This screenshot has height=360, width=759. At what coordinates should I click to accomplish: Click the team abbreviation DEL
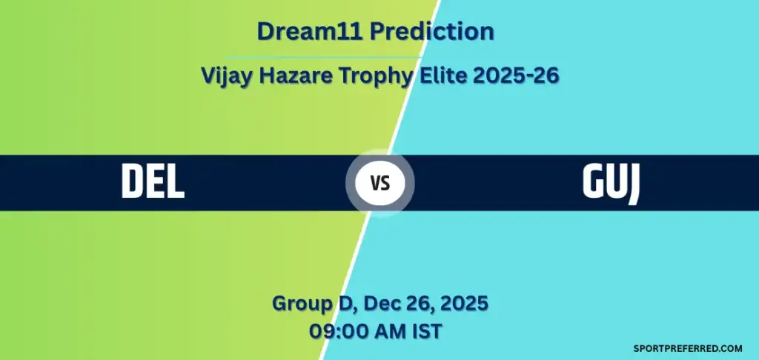point(153,181)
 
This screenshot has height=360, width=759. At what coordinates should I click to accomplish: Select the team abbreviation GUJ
point(611,181)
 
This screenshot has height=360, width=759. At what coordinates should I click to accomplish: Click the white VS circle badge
point(380,182)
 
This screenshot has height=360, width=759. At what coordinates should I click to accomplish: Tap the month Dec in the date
point(370,303)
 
